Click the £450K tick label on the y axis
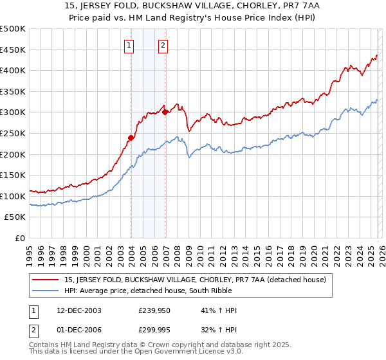pyautogui.click(x=13, y=50)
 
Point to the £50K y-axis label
pyautogui.click(x=15, y=217)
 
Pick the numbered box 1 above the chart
pyautogui.click(x=130, y=45)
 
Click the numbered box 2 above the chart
pyautogui.click(x=163, y=45)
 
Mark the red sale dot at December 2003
pyautogui.click(x=131, y=137)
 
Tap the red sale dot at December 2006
pyautogui.click(x=165, y=112)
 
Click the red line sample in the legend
pyautogui.click(x=46, y=280)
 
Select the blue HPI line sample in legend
pyautogui.click(x=46, y=291)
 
